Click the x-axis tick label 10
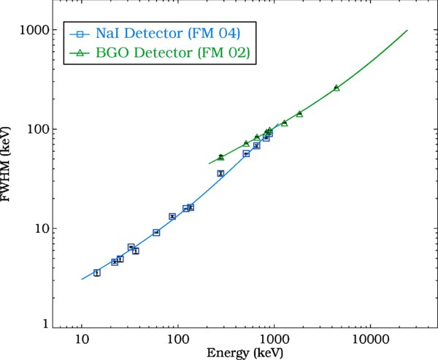pos(82,339)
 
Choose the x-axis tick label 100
pos(177,339)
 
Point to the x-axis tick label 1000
pos(274,339)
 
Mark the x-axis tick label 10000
pos(369,339)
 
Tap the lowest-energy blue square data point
pos(96,273)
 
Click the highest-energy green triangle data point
pos(337,88)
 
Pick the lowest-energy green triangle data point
pos(220,157)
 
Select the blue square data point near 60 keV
pos(156,232)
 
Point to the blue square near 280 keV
pos(220,174)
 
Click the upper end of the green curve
pos(407,31)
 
